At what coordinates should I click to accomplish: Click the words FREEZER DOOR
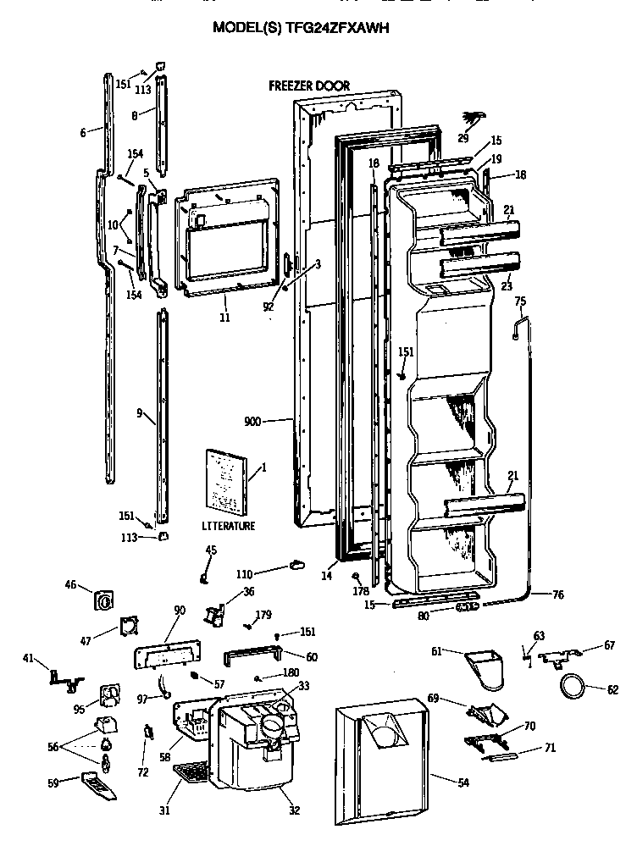click(x=308, y=86)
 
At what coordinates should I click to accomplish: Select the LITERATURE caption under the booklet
click(x=228, y=526)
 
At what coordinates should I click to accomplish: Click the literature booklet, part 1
click(x=226, y=481)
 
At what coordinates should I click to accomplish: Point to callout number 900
click(x=252, y=421)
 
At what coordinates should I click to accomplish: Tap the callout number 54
click(x=463, y=782)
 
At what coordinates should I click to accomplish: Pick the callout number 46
click(x=71, y=584)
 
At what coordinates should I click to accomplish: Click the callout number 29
click(x=463, y=138)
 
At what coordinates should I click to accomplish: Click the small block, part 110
click(x=296, y=565)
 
